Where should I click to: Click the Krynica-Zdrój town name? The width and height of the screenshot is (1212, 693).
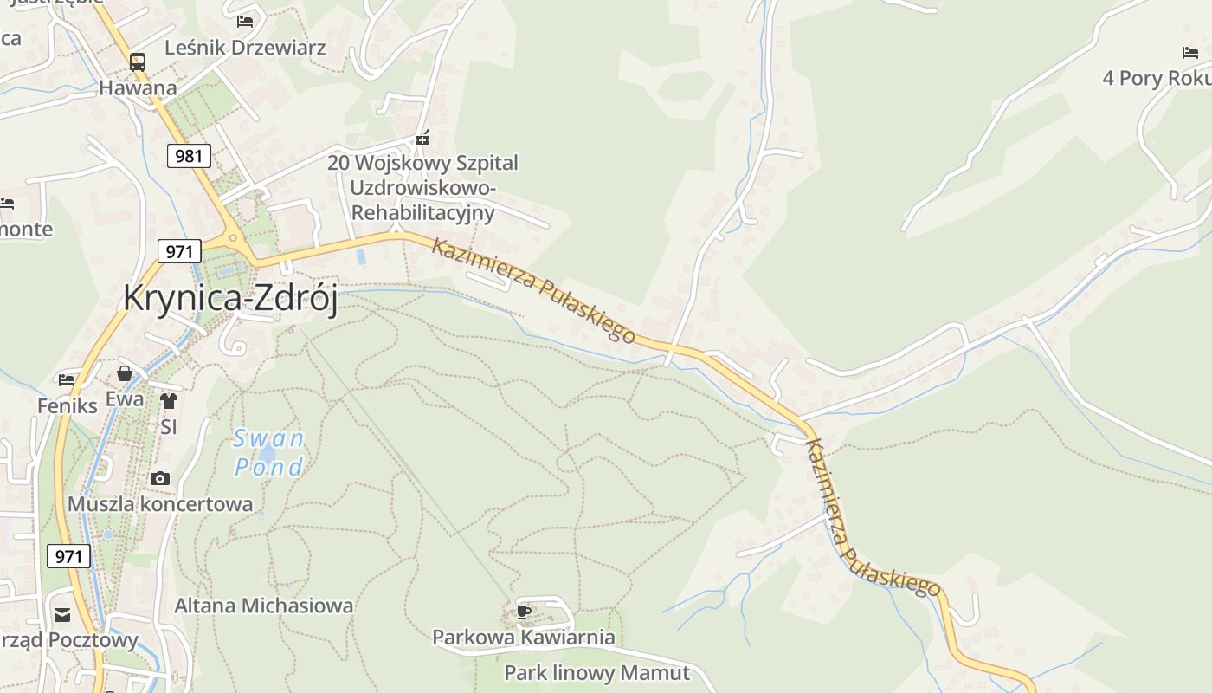(229, 298)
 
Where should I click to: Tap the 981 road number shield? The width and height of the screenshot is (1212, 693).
(189, 156)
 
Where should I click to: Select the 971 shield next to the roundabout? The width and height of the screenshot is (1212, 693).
(179, 251)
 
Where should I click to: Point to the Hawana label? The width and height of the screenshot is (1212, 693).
(138, 87)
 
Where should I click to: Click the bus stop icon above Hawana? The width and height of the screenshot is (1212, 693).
(138, 62)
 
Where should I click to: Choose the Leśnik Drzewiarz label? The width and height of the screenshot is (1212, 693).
(245, 47)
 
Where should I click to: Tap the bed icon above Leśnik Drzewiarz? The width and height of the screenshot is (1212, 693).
(245, 21)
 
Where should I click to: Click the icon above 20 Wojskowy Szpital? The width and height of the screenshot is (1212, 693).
(422, 137)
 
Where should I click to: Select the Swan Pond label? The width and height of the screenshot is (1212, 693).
(269, 452)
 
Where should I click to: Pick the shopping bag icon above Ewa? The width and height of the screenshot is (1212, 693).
(125, 373)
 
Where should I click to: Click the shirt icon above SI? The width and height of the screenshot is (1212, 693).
(168, 401)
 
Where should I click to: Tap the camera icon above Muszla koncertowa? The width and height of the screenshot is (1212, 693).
(159, 478)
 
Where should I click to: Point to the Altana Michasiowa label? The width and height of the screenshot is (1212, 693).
(264, 606)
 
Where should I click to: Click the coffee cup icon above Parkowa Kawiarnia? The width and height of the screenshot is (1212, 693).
(523, 612)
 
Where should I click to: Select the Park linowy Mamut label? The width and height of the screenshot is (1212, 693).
(596, 673)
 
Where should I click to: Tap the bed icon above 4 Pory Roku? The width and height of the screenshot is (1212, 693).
(1190, 53)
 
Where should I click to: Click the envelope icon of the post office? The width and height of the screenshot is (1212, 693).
(62, 615)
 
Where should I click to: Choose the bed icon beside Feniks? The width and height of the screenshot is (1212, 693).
(67, 379)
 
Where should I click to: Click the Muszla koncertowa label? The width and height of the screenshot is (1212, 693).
(160, 504)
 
